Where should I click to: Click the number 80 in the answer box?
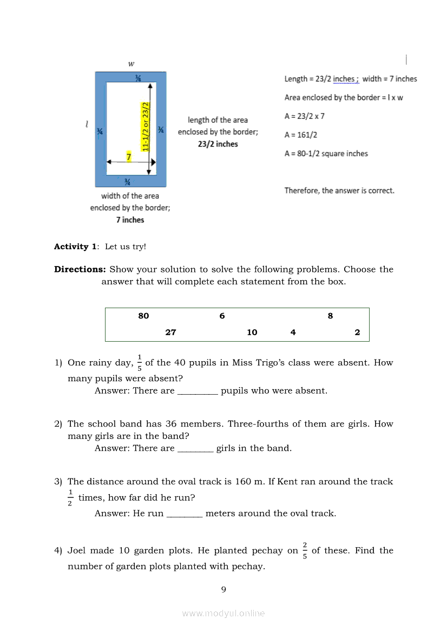tap(143, 316)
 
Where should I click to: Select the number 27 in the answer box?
tap(170, 332)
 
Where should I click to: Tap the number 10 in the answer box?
tap(252, 332)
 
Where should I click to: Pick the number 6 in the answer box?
tap(222, 316)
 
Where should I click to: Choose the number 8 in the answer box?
tap(330, 316)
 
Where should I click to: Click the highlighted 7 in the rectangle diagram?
tap(129, 157)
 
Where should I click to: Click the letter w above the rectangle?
tap(131, 64)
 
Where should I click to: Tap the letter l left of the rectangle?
tap(87, 124)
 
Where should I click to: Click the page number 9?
tap(223, 589)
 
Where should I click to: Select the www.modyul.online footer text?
tap(223, 613)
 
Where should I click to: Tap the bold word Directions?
tap(80, 269)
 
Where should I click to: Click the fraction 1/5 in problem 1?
tap(139, 363)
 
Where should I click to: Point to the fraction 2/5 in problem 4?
tap(305, 551)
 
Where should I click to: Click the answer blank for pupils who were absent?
tap(198, 391)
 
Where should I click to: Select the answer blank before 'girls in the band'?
tap(195, 449)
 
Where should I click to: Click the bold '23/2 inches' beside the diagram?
tap(218, 144)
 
